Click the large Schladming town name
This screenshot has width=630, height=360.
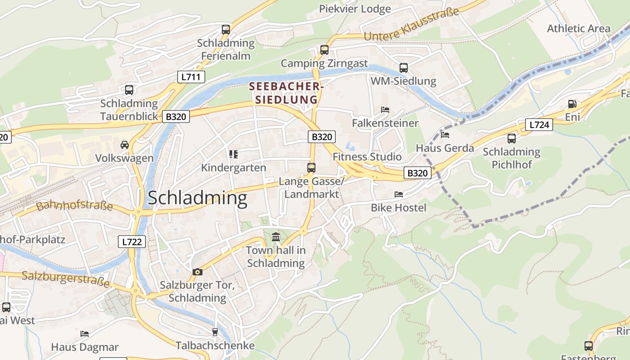[197, 198]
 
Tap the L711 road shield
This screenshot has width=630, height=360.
[191, 77]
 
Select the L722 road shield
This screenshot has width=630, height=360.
[132, 242]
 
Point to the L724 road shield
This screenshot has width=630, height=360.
[539, 125]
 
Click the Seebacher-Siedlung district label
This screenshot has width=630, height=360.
[286, 93]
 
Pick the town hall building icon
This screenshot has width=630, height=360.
[276, 237]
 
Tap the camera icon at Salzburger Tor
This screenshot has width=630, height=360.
[197, 272]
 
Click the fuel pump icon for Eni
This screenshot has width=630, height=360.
[572, 104]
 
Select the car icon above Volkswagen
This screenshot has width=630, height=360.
[124, 145]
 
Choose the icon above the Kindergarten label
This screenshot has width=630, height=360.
[233, 154]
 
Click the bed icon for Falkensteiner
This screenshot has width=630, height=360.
[385, 110]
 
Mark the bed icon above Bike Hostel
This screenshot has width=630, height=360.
[398, 194]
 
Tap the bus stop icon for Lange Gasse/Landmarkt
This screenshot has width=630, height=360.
[311, 168]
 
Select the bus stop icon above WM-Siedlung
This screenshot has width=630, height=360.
[403, 68]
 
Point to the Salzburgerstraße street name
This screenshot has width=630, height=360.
[66, 279]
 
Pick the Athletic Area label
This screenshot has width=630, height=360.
[578, 28]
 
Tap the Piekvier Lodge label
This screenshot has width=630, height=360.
[355, 9]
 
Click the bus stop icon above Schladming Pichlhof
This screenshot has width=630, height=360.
[511, 139]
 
